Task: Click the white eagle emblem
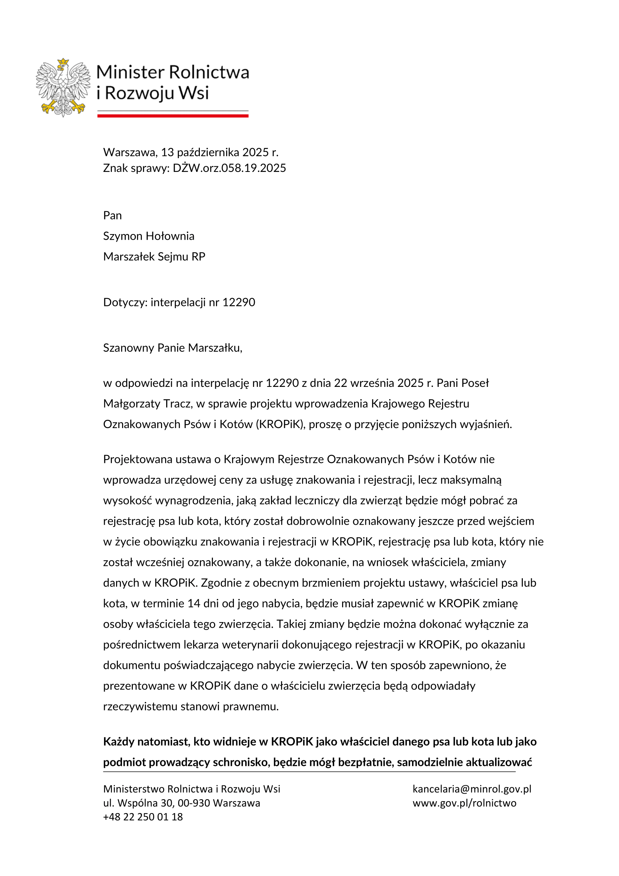click(63, 87)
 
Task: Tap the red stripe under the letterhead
click(173, 116)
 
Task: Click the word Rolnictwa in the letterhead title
click(209, 72)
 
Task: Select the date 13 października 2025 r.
click(220, 152)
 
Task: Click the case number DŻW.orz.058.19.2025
click(229, 168)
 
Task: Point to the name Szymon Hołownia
click(149, 236)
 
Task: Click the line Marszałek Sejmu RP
click(154, 257)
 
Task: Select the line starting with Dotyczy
click(179, 302)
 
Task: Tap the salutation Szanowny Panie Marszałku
click(173, 348)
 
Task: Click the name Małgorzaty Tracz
click(147, 403)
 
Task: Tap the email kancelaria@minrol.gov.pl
click(472, 789)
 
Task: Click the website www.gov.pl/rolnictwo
click(464, 803)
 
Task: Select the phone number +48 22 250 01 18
click(143, 817)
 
